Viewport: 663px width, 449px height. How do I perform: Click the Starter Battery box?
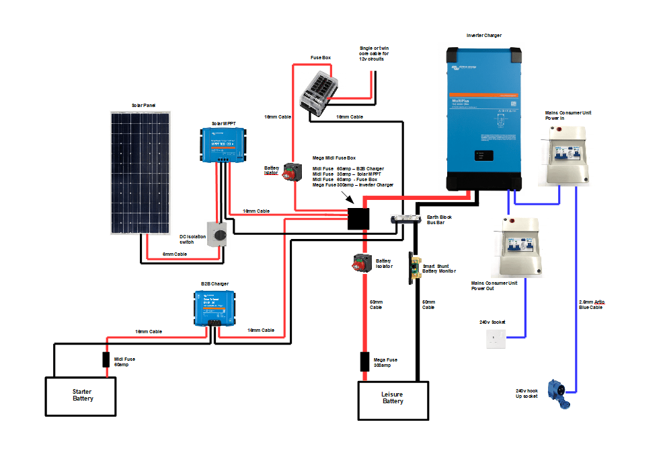[x=81, y=395]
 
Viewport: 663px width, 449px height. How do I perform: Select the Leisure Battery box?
[x=393, y=400]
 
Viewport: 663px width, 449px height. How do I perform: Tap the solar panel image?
[x=141, y=173]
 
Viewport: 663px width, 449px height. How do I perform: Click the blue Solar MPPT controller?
[x=229, y=144]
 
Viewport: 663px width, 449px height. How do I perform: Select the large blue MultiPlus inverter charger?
[x=484, y=118]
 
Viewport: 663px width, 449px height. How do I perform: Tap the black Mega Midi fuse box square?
[x=358, y=219]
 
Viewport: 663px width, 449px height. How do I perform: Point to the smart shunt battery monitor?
[x=414, y=269]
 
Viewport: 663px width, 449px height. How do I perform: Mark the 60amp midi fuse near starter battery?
[x=106, y=359]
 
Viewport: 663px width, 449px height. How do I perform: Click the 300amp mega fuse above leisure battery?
[x=364, y=361]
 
